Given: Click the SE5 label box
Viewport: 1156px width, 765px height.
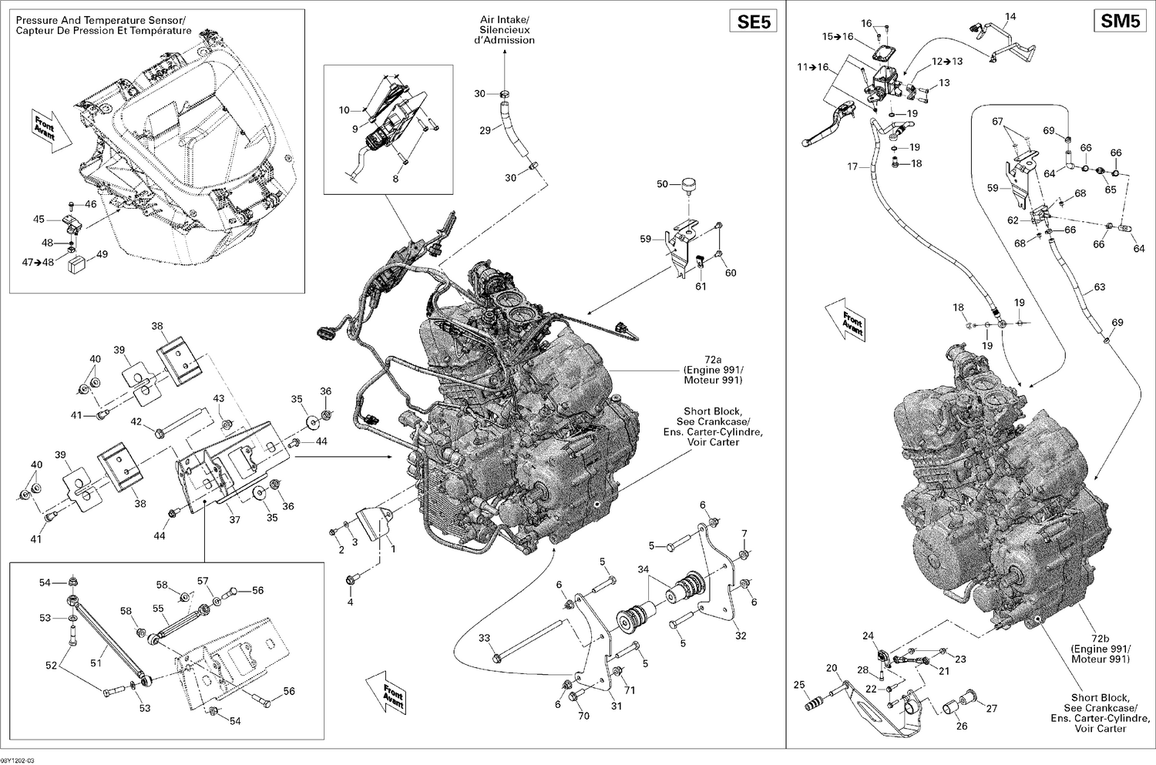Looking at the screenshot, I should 754,22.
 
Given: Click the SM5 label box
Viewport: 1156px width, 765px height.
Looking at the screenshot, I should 1120,22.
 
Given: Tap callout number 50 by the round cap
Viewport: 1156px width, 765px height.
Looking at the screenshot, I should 663,184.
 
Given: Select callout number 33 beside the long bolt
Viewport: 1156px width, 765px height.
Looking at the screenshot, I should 484,637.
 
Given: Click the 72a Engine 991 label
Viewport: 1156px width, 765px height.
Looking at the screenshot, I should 713,375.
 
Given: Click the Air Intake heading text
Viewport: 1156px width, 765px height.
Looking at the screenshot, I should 504,29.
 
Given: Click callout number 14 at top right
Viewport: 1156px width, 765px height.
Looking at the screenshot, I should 1010,16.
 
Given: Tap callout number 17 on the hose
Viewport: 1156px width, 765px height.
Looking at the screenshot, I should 852,166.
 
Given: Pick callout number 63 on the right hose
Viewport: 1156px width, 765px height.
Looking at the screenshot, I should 1099,287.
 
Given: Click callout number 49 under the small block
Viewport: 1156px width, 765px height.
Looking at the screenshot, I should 102,255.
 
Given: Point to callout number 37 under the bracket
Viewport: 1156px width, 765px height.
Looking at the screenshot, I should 234,520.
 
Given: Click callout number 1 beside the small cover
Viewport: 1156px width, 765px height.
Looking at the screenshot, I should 392,549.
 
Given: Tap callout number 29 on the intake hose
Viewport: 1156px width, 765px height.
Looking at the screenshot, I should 485,130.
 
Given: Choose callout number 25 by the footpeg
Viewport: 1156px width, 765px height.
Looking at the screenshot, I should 799,684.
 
